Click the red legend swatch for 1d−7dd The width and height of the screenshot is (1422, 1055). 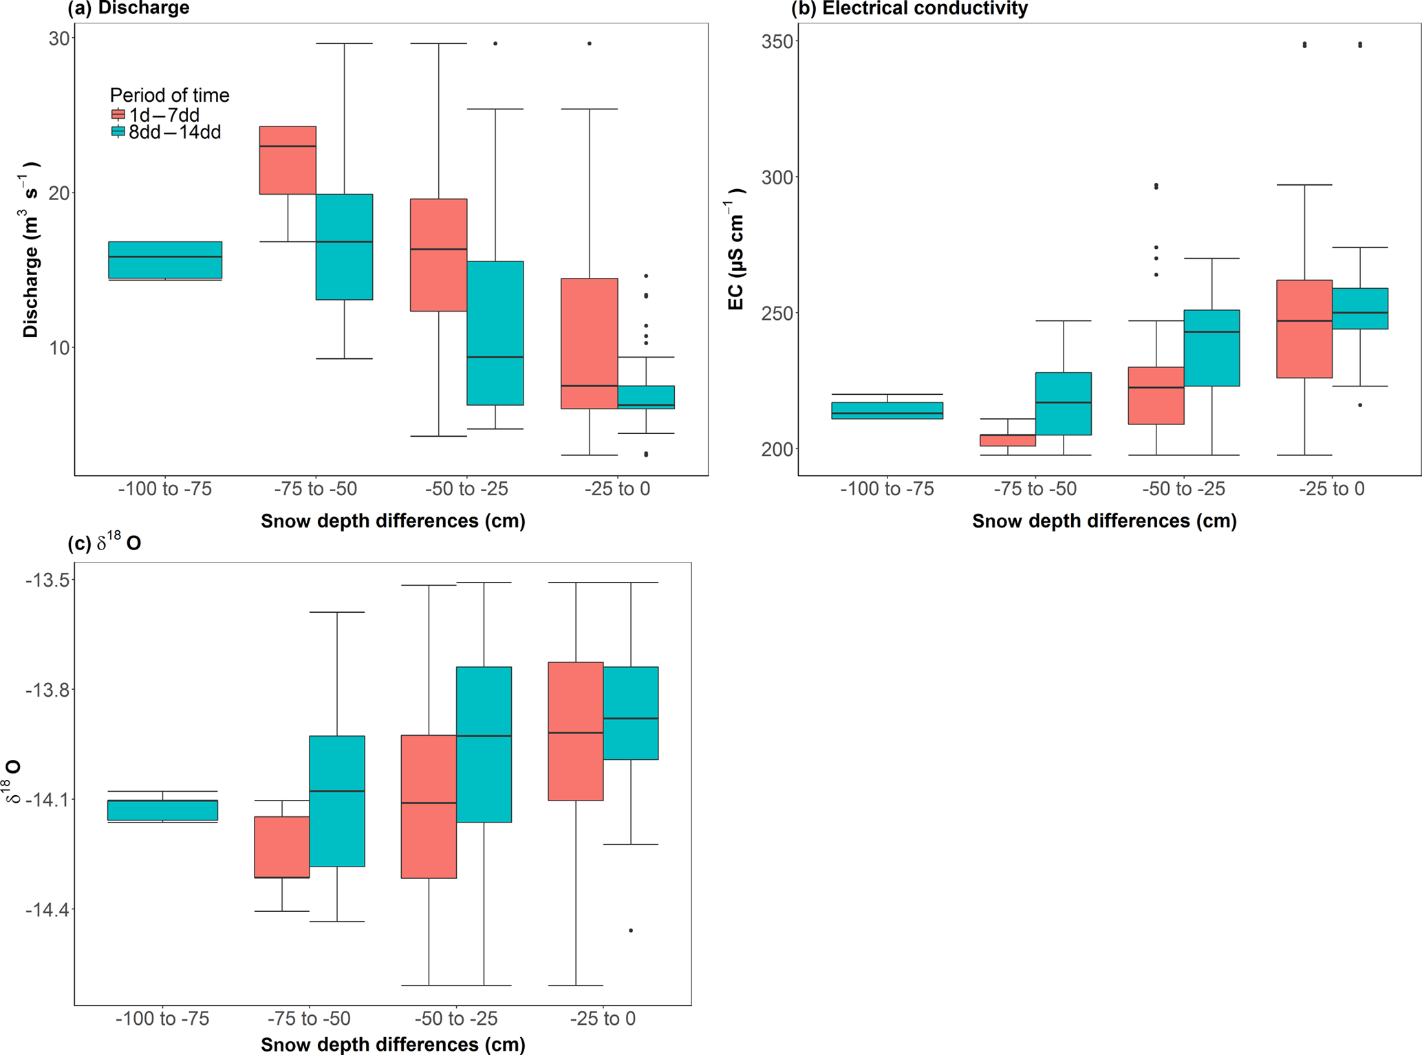pos(118,115)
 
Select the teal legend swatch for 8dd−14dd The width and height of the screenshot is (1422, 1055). pos(118,131)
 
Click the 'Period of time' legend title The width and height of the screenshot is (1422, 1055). pos(169,95)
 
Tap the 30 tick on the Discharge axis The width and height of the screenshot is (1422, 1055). pos(59,39)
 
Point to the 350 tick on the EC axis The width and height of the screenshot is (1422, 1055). pos(776,41)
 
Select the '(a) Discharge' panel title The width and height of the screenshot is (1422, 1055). pos(129,8)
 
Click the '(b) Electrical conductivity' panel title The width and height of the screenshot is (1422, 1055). pos(909,8)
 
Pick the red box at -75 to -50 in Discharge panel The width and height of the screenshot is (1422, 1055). pos(288,160)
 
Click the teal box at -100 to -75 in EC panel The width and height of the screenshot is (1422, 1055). pos(887,411)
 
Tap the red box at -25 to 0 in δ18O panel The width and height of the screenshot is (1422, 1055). pos(576,731)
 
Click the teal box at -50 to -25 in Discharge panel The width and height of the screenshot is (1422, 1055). pos(495,333)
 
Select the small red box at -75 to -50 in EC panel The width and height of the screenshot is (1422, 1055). pos(1008,440)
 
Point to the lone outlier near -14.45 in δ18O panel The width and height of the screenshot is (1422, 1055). pos(631,931)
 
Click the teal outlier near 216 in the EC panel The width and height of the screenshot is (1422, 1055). pos(1360,405)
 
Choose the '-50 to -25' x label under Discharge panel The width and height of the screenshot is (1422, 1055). pos(466,489)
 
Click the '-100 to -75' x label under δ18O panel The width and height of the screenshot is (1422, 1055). pos(162,1019)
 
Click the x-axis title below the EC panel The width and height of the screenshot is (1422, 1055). pos(1104,521)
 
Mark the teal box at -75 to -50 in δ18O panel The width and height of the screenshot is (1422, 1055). pos(337,801)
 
